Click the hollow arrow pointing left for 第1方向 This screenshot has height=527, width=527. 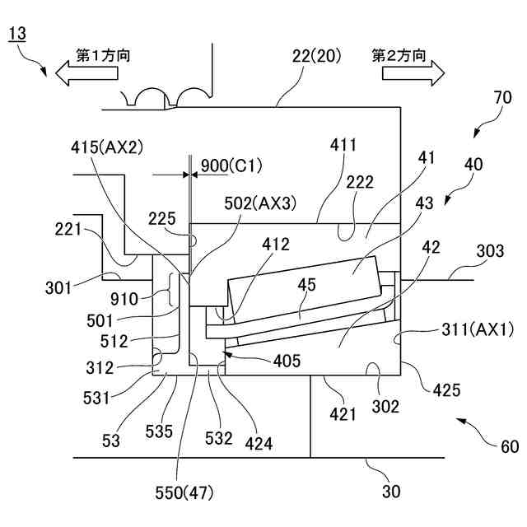[86, 73]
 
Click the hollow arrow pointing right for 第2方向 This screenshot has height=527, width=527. [413, 73]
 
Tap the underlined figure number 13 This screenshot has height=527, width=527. [17, 34]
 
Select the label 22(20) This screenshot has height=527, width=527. [316, 56]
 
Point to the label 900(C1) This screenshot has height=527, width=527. [231, 166]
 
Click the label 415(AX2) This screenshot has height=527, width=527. [107, 147]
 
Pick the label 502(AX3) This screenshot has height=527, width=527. [260, 203]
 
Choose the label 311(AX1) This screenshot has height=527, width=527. [478, 329]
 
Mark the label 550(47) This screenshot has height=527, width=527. [184, 493]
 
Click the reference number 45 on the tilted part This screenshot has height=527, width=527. [306, 285]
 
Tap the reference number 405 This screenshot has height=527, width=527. [287, 361]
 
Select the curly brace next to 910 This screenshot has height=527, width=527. [173, 290]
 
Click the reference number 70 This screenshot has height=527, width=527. [503, 98]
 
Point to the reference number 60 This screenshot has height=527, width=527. [510, 447]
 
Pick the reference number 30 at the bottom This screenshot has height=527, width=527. [391, 492]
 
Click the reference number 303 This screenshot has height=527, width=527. [490, 251]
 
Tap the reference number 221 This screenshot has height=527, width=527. [68, 230]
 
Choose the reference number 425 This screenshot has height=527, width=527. [446, 390]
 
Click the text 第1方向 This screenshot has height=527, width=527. [103, 55]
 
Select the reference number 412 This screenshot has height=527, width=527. [276, 245]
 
